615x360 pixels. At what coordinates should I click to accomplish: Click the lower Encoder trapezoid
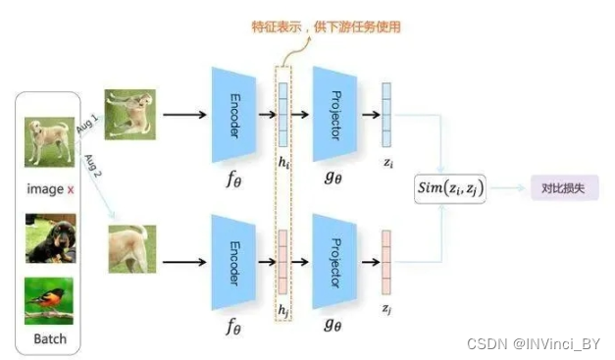click(x=234, y=262)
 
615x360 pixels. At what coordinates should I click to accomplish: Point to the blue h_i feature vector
click(x=284, y=113)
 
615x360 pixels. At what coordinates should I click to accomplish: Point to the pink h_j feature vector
click(x=284, y=262)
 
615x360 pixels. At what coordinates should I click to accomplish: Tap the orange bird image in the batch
click(x=49, y=300)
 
